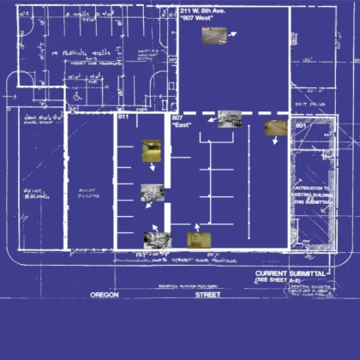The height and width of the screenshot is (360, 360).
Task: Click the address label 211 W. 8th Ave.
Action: click(x=204, y=9)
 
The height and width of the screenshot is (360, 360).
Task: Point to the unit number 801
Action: click(x=300, y=125)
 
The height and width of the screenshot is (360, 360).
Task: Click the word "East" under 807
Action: click(x=181, y=125)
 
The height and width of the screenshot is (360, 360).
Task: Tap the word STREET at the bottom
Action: click(x=207, y=294)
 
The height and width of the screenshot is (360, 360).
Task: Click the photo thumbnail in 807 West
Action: click(x=214, y=36)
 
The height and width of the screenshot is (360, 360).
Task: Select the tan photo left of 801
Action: click(x=274, y=127)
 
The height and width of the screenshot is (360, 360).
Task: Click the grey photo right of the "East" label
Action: click(x=229, y=119)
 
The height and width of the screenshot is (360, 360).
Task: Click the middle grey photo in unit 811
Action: click(x=153, y=193)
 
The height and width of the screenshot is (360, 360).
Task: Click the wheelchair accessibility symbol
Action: click(x=75, y=97)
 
